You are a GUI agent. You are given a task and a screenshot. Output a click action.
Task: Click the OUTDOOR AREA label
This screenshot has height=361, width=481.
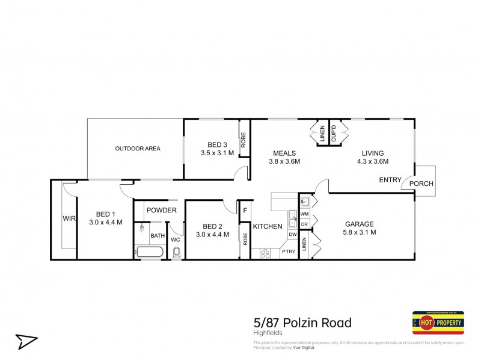pyautogui.click(x=138, y=149)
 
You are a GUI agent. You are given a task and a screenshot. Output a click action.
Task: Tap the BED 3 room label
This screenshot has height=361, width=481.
pyautogui.click(x=218, y=144)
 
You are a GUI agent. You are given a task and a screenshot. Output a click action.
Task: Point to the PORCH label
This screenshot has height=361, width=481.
pyautogui.click(x=421, y=184)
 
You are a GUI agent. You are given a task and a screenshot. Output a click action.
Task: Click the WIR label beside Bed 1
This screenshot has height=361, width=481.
pyautogui.click(x=69, y=219)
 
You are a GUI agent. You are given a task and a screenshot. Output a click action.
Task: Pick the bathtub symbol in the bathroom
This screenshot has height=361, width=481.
pyautogui.click(x=150, y=252)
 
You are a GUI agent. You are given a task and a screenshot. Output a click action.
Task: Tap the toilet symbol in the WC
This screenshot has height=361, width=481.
pyautogui.click(x=176, y=253)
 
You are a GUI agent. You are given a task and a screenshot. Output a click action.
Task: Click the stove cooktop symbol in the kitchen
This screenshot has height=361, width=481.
pyautogui.click(x=265, y=254)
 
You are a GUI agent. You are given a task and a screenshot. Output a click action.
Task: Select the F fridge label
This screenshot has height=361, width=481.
pyautogui.click(x=245, y=211)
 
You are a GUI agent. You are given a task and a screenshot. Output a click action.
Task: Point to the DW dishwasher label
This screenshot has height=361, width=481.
pyautogui.click(x=292, y=235)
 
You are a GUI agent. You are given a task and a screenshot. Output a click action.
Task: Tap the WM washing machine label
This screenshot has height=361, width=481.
pyautogui.click(x=304, y=214)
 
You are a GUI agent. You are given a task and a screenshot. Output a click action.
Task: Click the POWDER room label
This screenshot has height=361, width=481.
pyautogui.click(x=162, y=211)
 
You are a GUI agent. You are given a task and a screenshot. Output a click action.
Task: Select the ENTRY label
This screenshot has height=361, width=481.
pyautogui.click(x=390, y=180)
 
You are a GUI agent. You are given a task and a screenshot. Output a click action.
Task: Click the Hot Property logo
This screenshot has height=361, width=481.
pyautogui.click(x=438, y=322)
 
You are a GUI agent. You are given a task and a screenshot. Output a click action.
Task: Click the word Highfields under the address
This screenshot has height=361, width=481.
pyautogui.click(x=266, y=333)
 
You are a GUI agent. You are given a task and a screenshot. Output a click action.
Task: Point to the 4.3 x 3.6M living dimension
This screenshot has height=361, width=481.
pyautogui.click(x=373, y=161)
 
